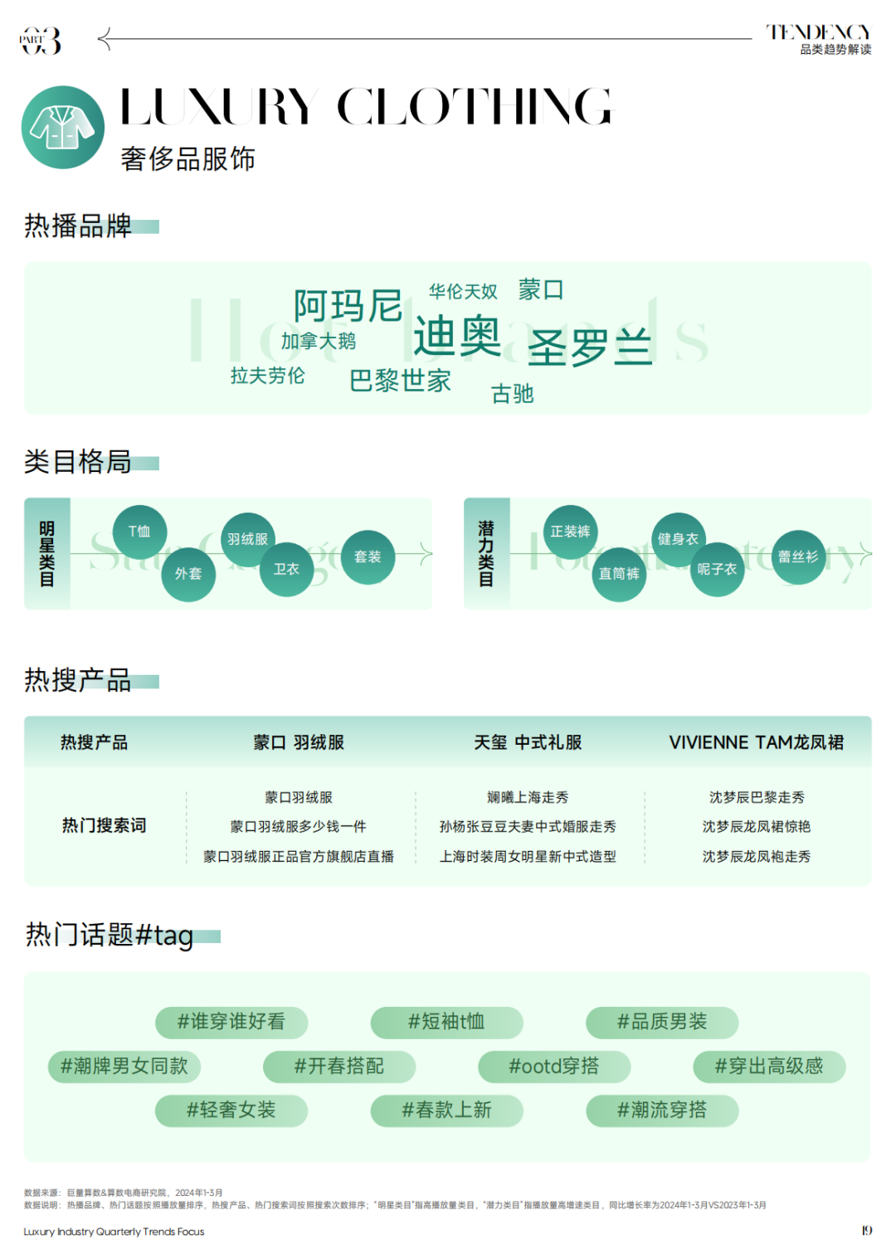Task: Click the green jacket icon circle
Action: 63,127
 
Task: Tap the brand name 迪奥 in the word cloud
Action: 457,336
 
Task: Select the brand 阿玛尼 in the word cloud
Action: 348,305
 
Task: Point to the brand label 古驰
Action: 512,393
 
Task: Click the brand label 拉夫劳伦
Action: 267,376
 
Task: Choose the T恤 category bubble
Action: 139,531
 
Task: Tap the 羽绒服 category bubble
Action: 247,539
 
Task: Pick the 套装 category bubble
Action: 368,557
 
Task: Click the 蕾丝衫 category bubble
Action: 798,557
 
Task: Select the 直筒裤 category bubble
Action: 619,574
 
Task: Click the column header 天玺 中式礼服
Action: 528,742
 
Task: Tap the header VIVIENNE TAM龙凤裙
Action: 756,742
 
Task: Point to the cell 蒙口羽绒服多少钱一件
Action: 298,826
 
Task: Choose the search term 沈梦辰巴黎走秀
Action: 757,797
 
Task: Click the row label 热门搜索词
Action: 104,825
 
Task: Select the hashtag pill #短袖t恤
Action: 446,1022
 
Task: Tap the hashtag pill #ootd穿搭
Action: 554,1066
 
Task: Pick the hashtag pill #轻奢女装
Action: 231,1110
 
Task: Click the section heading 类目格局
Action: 78,461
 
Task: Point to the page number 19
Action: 866,1230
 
